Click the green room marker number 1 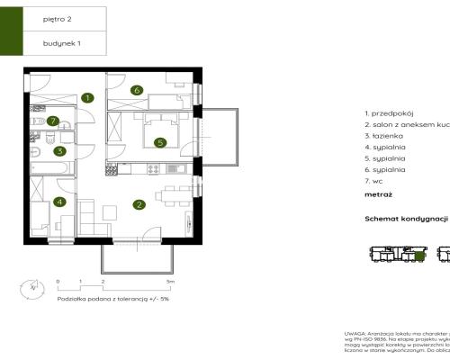[87, 97]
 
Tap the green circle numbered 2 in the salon [139, 204]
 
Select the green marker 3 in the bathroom [60, 151]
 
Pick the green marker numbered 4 [60, 202]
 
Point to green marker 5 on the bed [158, 141]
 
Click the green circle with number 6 [137, 90]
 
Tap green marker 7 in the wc [54, 121]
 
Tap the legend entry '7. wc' [377, 180]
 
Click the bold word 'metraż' [378, 193]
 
